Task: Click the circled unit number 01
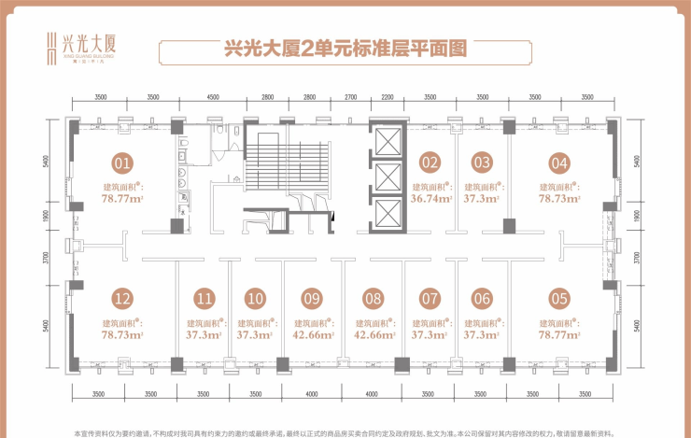click(x=122, y=162)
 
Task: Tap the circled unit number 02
click(x=430, y=162)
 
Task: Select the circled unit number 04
click(x=559, y=162)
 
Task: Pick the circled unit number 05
click(x=559, y=299)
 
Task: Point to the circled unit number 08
click(x=374, y=299)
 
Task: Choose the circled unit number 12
click(x=122, y=299)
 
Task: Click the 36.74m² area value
click(x=430, y=198)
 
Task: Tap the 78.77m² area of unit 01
click(x=122, y=198)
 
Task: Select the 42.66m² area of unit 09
click(x=312, y=333)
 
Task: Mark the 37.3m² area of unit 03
click(x=482, y=198)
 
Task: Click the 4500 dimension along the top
click(x=213, y=97)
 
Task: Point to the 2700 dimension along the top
click(x=351, y=97)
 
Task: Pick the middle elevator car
click(x=387, y=177)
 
